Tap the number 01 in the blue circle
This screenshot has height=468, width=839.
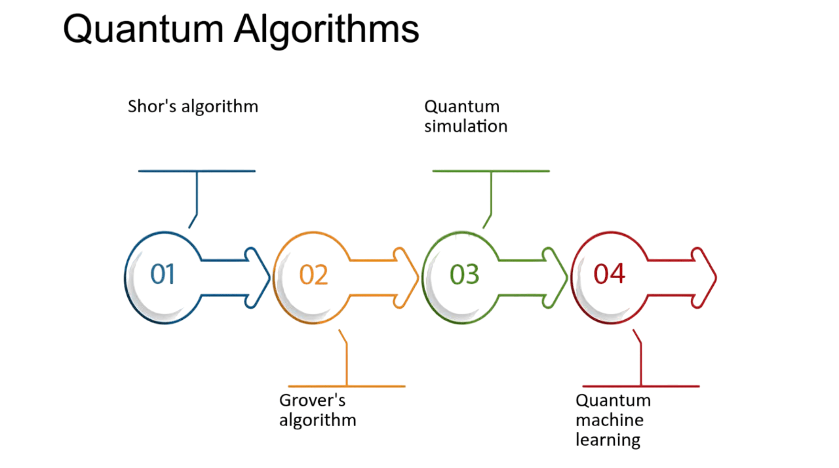click(x=163, y=274)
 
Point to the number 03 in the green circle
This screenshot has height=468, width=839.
click(x=464, y=274)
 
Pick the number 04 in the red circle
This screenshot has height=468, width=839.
click(x=609, y=273)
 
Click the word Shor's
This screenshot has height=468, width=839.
click(x=152, y=106)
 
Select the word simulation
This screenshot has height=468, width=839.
click(x=465, y=126)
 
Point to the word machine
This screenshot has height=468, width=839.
click(x=610, y=419)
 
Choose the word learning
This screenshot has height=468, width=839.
click(x=608, y=440)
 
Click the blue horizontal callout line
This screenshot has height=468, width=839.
click(x=197, y=171)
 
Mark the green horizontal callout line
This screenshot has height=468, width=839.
click(x=491, y=171)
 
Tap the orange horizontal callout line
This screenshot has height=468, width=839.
click(x=346, y=386)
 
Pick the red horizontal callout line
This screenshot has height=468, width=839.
click(x=640, y=386)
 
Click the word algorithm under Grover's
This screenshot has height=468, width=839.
click(x=318, y=420)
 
